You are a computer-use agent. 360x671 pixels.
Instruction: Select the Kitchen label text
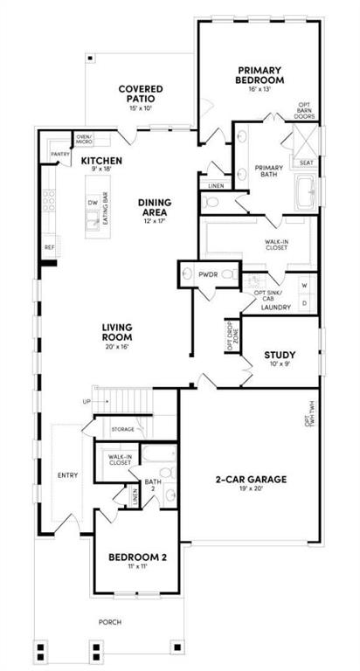(x=102, y=162)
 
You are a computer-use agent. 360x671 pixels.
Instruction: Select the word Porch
(x=110, y=622)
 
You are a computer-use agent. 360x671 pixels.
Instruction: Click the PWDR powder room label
(x=207, y=274)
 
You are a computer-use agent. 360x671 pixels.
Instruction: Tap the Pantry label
(x=60, y=155)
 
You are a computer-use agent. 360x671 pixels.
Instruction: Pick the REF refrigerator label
(x=50, y=247)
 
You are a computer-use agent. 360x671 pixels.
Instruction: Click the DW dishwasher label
(x=92, y=202)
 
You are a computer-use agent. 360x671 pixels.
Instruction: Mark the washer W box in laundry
(x=304, y=286)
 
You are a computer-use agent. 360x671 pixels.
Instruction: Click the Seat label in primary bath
(x=307, y=163)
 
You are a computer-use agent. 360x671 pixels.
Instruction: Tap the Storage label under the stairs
(x=123, y=429)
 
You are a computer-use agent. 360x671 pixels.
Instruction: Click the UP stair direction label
(x=86, y=401)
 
